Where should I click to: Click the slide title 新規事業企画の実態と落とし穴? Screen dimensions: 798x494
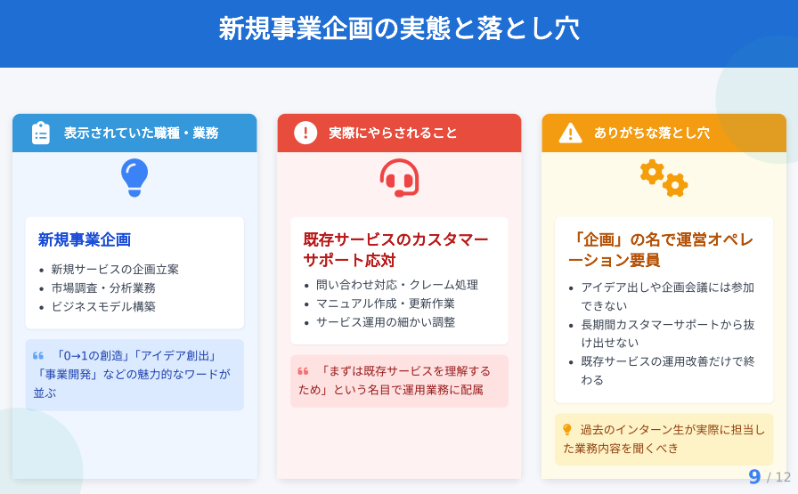(399, 28)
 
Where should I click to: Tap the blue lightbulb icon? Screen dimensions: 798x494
(134, 177)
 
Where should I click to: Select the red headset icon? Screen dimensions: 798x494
(400, 178)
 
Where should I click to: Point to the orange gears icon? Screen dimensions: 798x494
(664, 178)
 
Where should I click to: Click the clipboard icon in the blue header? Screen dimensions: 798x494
(41, 134)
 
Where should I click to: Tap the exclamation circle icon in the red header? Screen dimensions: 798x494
(305, 134)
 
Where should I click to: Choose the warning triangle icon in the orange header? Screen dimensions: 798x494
(571, 134)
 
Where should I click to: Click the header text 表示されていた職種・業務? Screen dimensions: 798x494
(141, 134)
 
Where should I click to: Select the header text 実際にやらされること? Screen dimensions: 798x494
(393, 134)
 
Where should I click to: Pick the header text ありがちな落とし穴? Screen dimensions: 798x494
(651, 134)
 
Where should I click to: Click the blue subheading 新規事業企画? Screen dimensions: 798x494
(85, 239)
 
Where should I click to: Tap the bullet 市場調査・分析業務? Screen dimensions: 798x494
(103, 288)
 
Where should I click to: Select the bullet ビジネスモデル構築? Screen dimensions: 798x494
(103, 307)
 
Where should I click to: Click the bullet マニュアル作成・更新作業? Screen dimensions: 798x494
(386, 304)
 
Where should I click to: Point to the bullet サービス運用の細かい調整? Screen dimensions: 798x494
(386, 322)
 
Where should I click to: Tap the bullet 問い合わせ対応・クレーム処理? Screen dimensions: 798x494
(397, 285)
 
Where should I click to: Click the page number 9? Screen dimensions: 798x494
(754, 477)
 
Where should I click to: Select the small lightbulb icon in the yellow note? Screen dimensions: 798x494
(567, 430)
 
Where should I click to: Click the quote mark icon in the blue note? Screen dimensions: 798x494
(38, 356)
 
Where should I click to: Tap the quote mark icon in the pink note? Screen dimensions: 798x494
(303, 371)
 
